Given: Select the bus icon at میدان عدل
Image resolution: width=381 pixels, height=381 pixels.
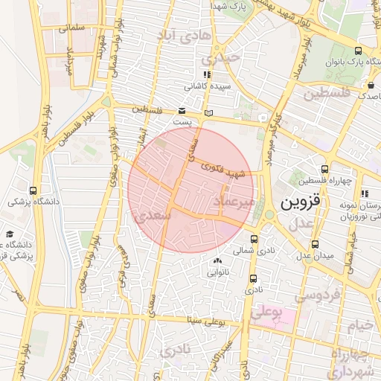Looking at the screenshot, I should tap(315, 243).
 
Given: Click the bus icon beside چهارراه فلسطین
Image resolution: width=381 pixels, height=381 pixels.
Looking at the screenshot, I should tap(324, 170).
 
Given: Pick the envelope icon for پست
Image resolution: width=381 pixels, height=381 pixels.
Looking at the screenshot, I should tap(182, 110).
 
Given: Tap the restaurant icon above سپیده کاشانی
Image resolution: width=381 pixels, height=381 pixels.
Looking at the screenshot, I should tap(206, 74).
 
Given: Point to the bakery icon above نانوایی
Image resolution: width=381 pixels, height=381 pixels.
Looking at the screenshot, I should tap(217, 260).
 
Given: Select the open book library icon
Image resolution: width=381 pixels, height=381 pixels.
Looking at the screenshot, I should tap(208, 112).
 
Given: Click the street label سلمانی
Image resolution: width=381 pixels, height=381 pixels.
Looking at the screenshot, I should tap(71, 28).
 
